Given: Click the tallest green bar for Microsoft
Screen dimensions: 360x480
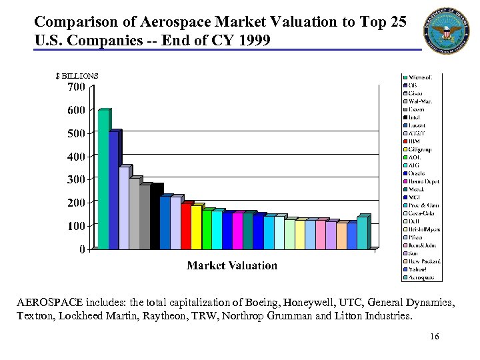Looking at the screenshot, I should point(103,180).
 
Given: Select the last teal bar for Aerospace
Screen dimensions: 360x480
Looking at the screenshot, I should point(362,233).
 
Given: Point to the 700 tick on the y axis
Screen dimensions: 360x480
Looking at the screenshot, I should point(76,87).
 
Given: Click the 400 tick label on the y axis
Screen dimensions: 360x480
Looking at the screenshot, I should point(76,157).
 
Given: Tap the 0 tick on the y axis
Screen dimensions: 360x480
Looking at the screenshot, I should point(81,249).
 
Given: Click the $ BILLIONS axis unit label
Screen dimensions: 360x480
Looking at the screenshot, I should point(77,76).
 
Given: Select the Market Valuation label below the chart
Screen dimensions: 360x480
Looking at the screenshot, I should point(232,265).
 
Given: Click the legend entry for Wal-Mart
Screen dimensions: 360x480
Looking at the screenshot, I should point(420,101).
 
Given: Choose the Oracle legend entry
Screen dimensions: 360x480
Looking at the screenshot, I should point(417,173).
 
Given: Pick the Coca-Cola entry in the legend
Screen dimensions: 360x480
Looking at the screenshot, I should point(421,213).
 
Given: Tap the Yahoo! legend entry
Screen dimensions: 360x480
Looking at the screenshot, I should point(418,269).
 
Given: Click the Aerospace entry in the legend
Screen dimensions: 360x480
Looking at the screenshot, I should point(421,277).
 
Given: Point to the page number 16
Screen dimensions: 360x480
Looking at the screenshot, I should point(435,337).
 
